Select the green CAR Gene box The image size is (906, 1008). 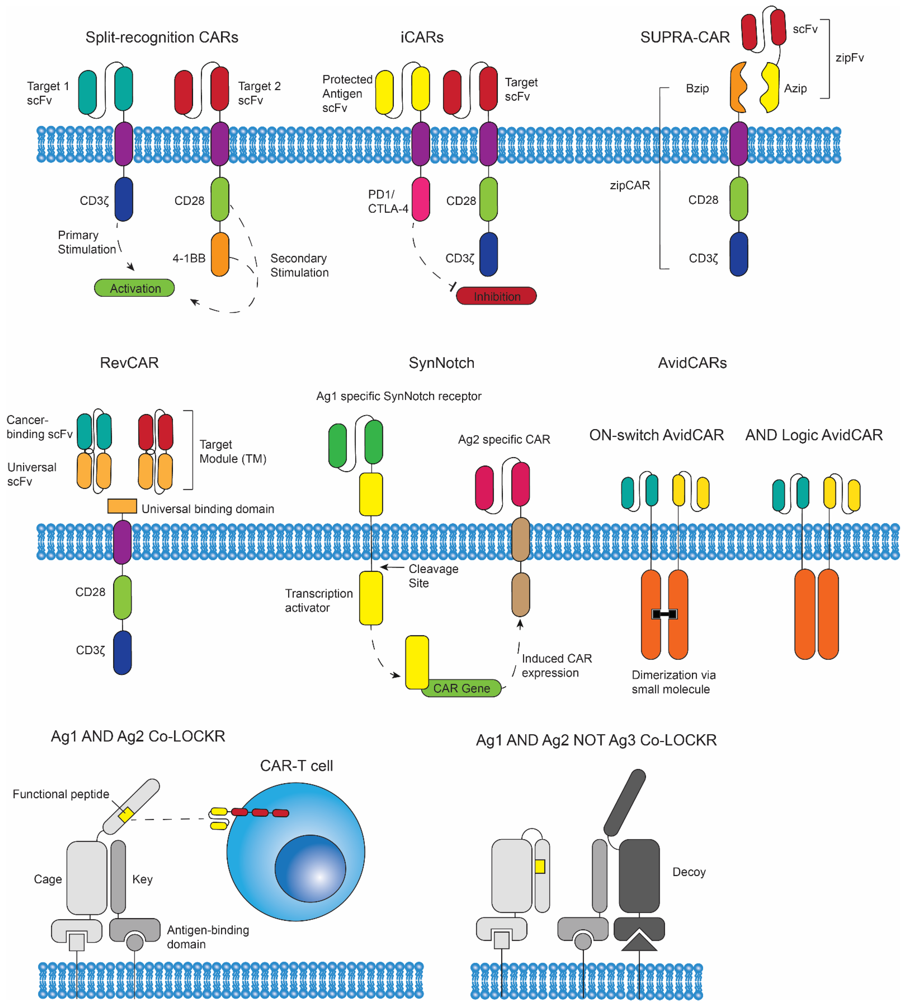(x=461, y=688)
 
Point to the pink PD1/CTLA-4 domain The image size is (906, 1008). (x=421, y=199)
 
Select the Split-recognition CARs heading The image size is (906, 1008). (x=162, y=37)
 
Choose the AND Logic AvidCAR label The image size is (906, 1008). (x=814, y=435)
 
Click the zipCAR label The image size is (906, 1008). (x=630, y=185)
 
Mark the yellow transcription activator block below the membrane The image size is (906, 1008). (x=371, y=598)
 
